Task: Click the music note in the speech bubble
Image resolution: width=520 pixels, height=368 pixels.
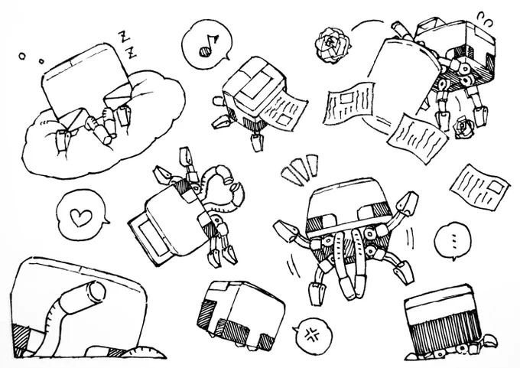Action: pos(208,46)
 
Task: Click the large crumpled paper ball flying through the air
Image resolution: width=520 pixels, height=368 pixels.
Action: pos(333,45)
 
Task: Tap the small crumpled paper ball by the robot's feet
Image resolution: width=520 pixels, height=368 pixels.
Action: pos(463,127)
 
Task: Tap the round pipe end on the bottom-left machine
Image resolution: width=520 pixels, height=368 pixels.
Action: pos(97,291)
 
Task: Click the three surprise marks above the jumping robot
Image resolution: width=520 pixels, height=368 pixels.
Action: pos(300,169)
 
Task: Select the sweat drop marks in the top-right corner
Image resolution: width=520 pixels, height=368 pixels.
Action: pos(485,19)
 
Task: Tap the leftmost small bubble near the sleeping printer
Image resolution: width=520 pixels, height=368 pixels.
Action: pos(22,57)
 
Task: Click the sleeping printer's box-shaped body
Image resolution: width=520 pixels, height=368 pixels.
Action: pos(85,80)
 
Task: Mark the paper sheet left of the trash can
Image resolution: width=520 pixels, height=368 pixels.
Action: pos(349,103)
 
